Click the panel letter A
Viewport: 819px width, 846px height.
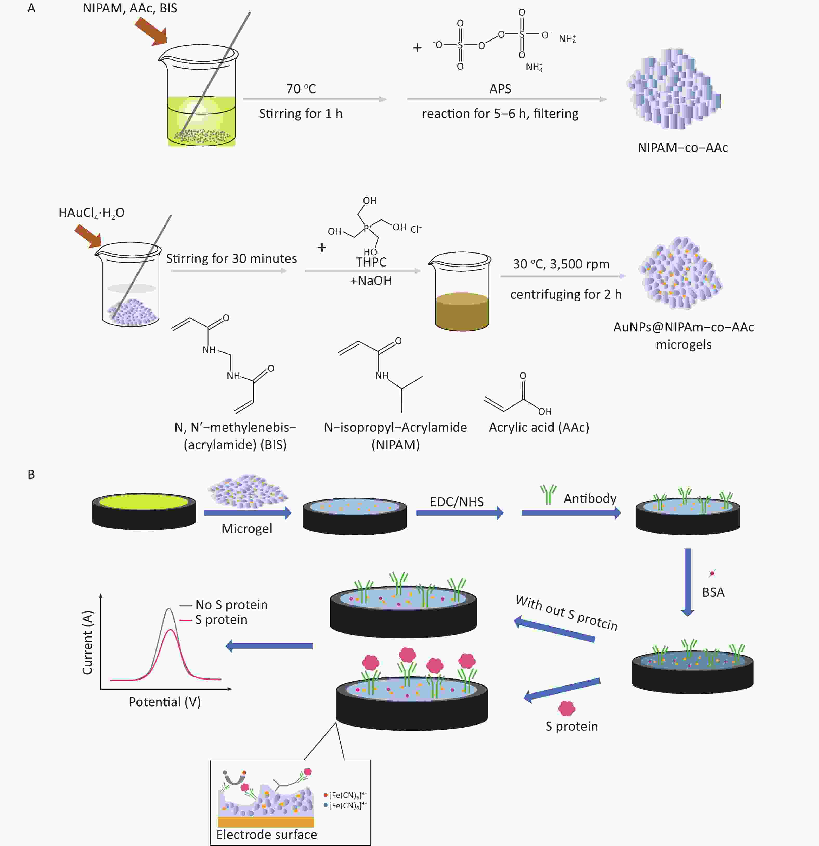coord(31,8)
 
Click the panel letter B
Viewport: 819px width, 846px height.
coord(31,474)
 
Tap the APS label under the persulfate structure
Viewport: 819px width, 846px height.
coord(500,89)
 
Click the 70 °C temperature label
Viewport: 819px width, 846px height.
coord(301,89)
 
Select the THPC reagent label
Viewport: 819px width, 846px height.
coord(371,262)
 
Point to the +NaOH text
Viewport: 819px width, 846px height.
coord(371,281)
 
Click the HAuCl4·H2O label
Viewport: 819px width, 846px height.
coord(92,213)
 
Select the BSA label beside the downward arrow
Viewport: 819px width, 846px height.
coord(713,592)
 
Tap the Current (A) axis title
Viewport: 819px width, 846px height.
coord(88,642)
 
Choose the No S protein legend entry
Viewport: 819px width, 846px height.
coord(224,605)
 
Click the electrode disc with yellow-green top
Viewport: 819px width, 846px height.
coord(144,511)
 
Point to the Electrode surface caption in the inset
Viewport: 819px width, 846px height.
coord(266,834)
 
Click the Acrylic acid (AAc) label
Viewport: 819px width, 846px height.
coord(539,427)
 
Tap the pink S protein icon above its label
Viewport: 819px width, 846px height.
coord(567,708)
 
